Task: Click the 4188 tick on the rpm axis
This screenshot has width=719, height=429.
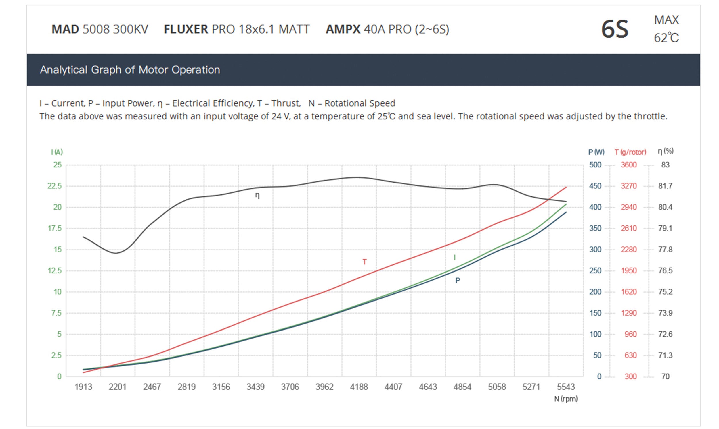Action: click(x=359, y=387)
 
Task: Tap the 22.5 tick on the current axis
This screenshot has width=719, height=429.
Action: click(x=55, y=186)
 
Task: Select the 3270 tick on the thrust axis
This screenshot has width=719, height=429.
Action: click(x=628, y=186)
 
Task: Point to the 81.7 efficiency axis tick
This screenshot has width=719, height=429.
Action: click(x=665, y=186)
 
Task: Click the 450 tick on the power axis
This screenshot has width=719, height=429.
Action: click(x=595, y=186)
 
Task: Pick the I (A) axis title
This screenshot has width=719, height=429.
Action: click(x=57, y=152)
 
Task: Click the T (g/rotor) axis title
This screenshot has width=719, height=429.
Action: click(x=630, y=152)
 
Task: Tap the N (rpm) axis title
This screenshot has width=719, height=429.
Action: click(x=566, y=399)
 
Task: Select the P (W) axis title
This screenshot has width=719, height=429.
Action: click(x=596, y=152)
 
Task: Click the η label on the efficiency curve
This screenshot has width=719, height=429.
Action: click(x=257, y=196)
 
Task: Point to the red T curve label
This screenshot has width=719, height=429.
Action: click(x=364, y=262)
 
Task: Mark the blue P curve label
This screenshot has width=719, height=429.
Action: click(x=458, y=281)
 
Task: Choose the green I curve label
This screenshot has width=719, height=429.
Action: click(x=454, y=257)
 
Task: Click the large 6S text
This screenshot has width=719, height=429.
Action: click(x=615, y=29)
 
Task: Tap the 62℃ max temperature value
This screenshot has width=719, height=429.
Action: click(x=666, y=38)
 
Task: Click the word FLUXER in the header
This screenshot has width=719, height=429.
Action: click(x=186, y=29)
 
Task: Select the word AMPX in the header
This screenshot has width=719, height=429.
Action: click(x=343, y=29)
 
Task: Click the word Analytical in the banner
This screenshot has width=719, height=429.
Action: click(x=64, y=70)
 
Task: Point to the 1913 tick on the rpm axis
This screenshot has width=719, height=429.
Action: click(x=83, y=387)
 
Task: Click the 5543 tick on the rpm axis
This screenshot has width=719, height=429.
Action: click(x=566, y=387)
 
